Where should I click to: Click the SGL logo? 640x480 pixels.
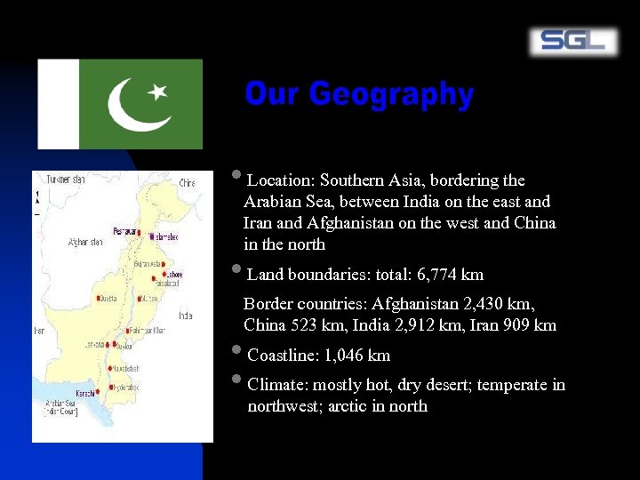(573, 41)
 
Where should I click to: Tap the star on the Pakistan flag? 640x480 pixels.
(157, 92)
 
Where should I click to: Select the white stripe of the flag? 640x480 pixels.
(59, 104)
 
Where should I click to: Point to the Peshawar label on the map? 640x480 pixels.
(124, 231)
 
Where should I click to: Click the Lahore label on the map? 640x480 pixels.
(174, 275)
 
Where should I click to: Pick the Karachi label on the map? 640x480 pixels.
(85, 392)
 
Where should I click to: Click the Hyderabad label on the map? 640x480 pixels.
(126, 387)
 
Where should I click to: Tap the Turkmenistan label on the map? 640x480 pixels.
(66, 180)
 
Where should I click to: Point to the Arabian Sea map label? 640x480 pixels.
(60, 405)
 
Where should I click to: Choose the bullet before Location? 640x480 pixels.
(235, 176)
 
